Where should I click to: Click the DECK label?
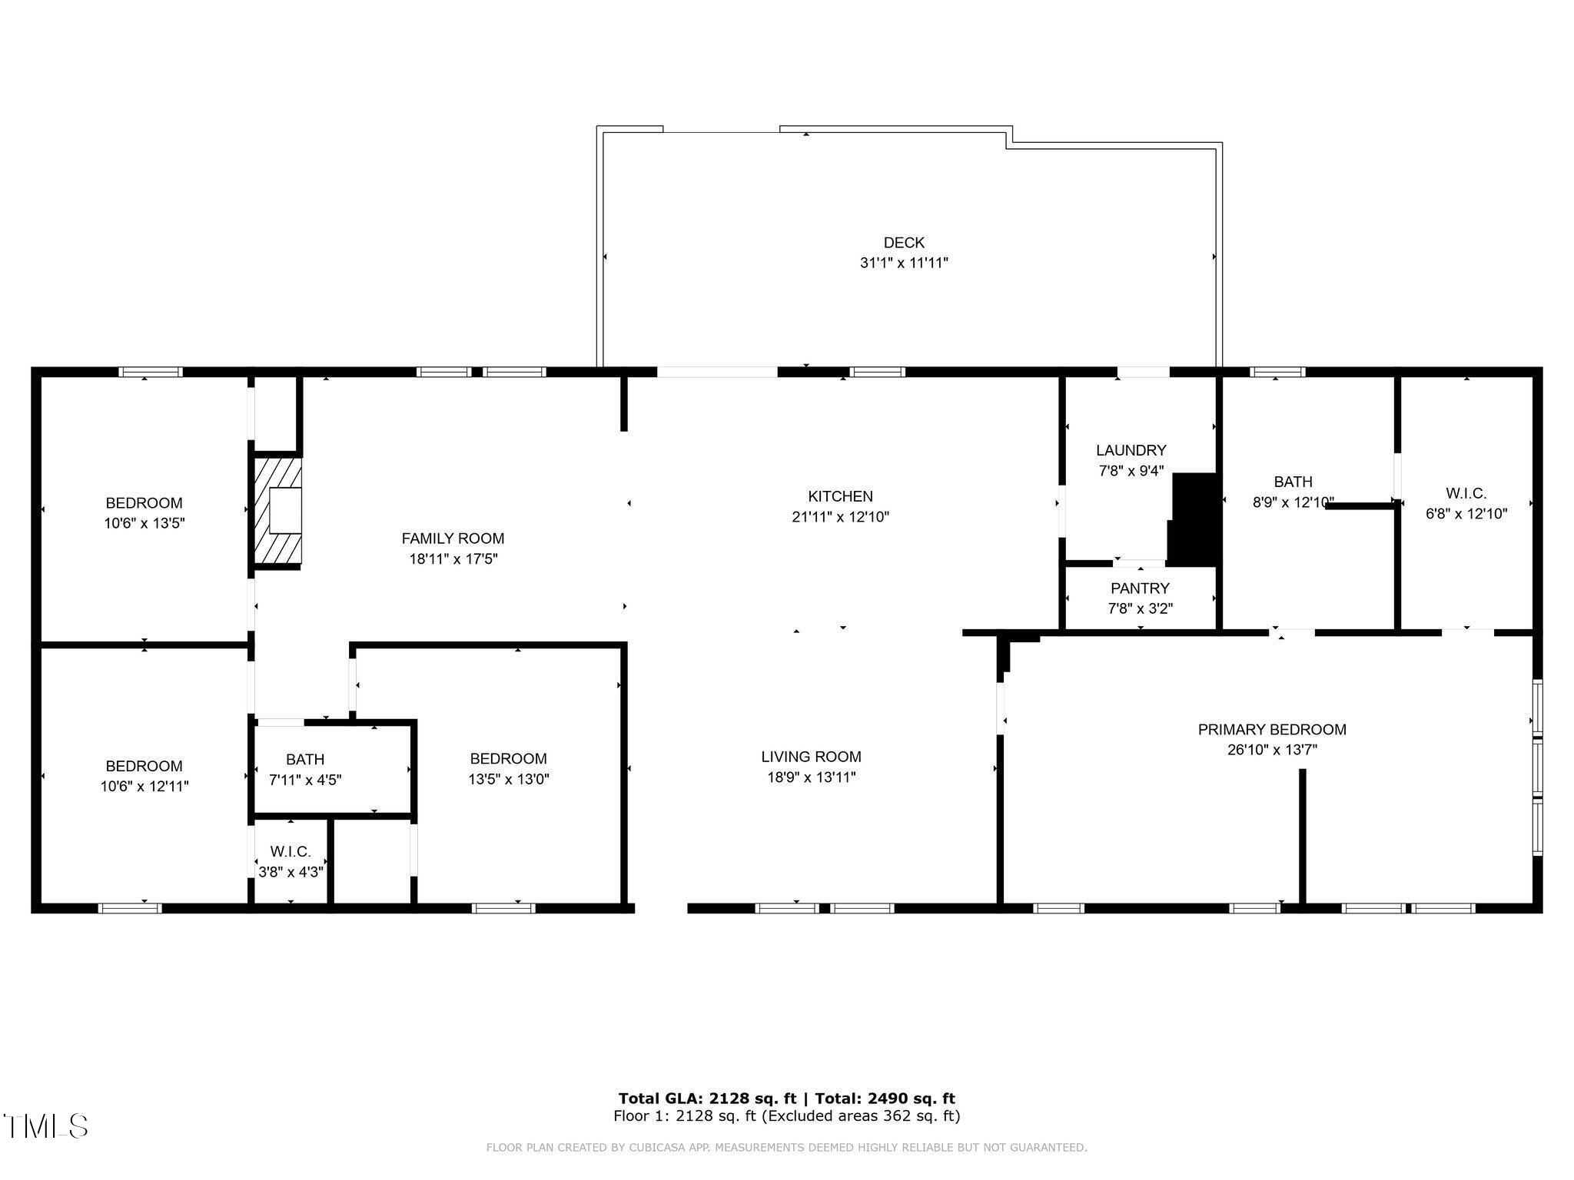coord(904,243)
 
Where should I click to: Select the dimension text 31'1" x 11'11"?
coord(904,263)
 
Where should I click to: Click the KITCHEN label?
coord(840,496)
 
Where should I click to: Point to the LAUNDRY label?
coord(1131,450)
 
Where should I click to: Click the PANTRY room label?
coord(1140,588)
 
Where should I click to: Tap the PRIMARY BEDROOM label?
coord(1272,730)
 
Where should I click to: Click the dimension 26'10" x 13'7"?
coord(1272,750)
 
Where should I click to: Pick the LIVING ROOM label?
coord(811,757)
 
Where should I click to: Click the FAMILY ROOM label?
coord(453,539)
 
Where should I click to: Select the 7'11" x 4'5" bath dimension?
coord(305,780)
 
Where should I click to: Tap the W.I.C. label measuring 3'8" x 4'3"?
coord(291,852)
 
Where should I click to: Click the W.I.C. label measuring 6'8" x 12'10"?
coord(1466,493)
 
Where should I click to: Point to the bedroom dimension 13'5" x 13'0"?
coord(508,779)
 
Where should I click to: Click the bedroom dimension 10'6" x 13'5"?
coord(144,523)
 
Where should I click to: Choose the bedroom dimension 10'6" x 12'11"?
coord(144,786)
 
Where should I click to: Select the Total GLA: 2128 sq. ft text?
coord(707,1099)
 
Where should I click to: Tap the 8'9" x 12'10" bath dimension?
coord(1293,502)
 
